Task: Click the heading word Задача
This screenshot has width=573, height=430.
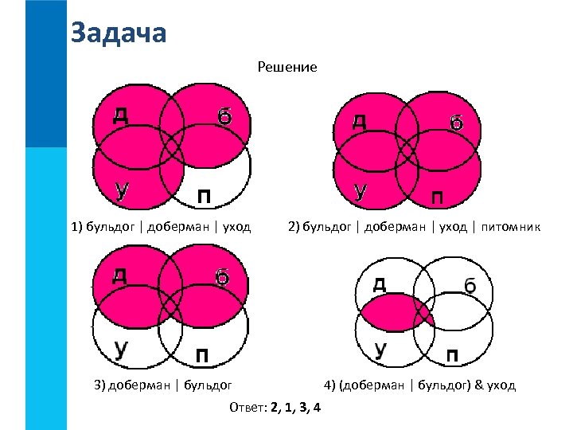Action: click(119, 33)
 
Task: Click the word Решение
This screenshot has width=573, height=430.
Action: click(287, 68)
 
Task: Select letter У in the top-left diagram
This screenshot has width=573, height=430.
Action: click(122, 189)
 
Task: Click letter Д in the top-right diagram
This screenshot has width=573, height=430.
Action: click(360, 121)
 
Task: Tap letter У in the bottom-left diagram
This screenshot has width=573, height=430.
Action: click(122, 348)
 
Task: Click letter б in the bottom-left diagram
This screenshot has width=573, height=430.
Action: click(223, 277)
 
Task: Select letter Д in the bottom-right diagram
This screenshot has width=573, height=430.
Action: click(380, 283)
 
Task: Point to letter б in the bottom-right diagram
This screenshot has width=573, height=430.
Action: click(470, 285)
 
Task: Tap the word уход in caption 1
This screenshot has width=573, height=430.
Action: click(236, 227)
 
